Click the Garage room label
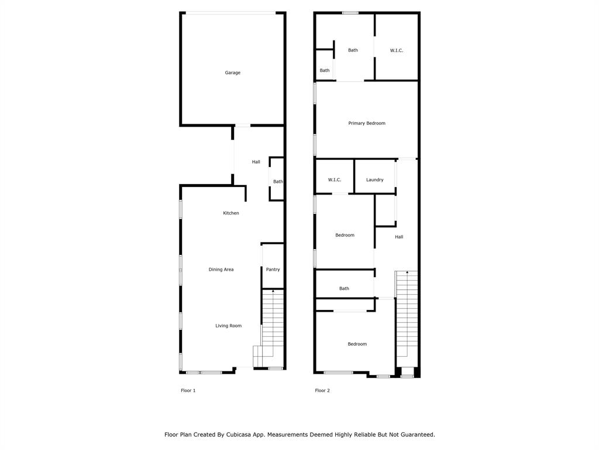point(233,73)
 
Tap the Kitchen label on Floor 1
point(231,213)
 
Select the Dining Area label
point(221,270)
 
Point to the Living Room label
point(228,326)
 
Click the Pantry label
point(273,270)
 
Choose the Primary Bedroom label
point(367,123)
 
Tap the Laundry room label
point(375,180)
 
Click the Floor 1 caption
point(188,390)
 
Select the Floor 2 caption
point(322,390)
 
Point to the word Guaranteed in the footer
point(415,435)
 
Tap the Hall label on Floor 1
point(256,162)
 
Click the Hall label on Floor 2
point(399,237)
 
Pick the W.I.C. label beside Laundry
point(335,180)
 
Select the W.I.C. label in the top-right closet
point(397,50)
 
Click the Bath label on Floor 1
point(278,182)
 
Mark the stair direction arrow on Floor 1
point(273,291)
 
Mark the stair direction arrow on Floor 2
point(407,273)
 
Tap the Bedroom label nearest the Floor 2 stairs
point(357,344)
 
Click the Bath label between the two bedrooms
point(345,288)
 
